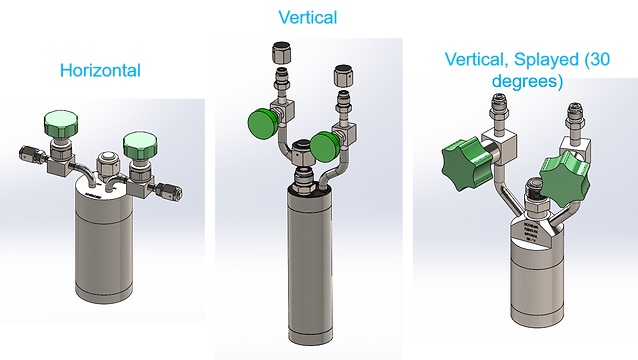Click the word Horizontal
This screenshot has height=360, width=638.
click(x=100, y=71)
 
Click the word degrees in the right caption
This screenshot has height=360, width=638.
click(x=529, y=80)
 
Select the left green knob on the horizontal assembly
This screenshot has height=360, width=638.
click(x=64, y=125)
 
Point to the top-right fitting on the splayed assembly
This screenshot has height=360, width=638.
click(x=578, y=118)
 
